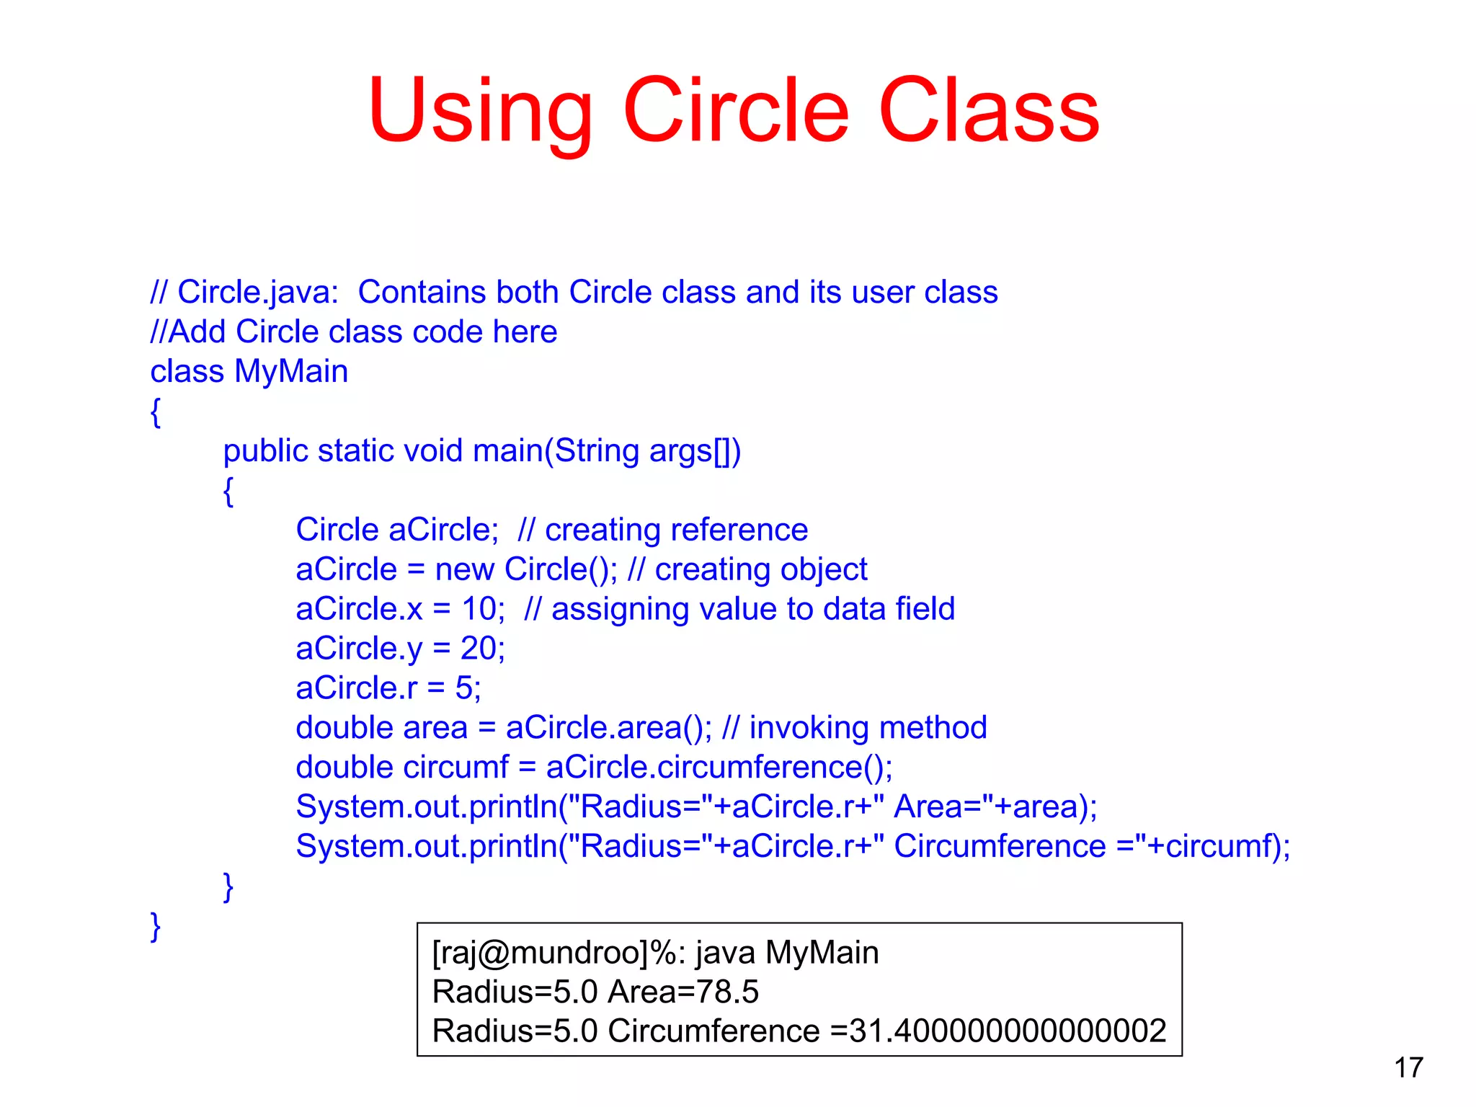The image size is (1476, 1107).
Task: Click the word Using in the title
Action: coord(480,112)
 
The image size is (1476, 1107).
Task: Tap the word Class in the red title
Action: coord(989,112)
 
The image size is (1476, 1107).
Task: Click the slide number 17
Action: coord(1408,1067)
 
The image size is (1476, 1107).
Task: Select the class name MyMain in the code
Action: coord(291,372)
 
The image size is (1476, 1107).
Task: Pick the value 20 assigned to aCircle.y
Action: coord(479,649)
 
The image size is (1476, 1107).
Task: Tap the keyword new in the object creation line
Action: coord(465,569)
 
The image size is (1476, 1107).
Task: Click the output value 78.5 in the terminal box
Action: coord(727,992)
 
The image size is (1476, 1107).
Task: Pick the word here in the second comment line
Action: coord(525,332)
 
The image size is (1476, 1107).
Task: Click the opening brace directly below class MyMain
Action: coord(155,412)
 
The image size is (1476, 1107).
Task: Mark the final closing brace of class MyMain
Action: coord(155,926)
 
